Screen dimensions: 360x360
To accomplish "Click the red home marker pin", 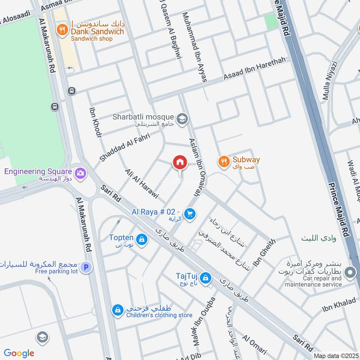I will [x=180, y=163].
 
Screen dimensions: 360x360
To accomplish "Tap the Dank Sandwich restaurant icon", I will [x=62, y=30].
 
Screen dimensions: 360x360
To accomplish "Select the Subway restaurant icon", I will [x=223, y=161].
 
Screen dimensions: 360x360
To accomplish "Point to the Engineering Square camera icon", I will [x=81, y=172].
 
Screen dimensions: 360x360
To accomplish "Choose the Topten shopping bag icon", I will [x=142, y=239].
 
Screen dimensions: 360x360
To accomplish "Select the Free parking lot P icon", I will [x=87, y=268].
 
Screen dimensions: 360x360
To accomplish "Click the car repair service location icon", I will [x=350, y=272].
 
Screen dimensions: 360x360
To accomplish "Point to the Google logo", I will [x=19, y=353].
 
